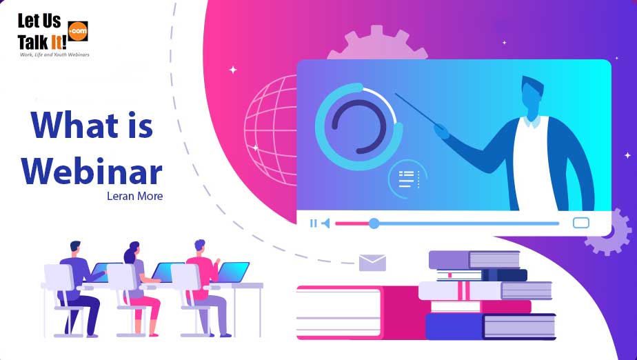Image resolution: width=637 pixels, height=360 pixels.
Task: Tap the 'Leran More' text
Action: pos(135,196)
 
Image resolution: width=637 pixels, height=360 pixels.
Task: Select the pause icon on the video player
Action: pos(314,223)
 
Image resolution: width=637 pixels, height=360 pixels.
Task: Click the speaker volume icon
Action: pos(325,223)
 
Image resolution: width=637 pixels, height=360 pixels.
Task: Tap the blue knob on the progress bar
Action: pos(374,223)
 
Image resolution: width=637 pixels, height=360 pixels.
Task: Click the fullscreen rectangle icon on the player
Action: pos(581,223)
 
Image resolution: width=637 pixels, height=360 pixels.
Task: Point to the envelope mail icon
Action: pos(372,263)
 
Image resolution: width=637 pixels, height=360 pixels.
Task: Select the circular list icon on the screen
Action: pos(407,179)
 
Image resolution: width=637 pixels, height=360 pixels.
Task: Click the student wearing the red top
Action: pos(203,272)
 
